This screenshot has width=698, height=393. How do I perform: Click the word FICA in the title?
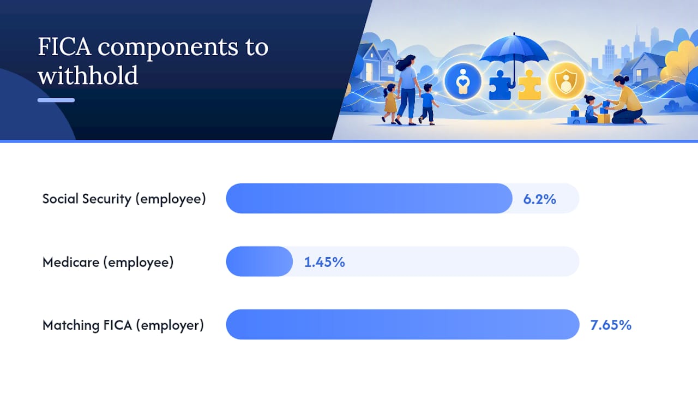tap(64, 47)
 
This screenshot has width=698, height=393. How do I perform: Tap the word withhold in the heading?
tap(88, 75)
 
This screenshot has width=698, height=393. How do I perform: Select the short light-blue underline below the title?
tap(56, 100)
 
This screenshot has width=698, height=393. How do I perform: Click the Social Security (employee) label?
tap(124, 199)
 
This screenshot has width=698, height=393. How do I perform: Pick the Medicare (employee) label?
tap(108, 263)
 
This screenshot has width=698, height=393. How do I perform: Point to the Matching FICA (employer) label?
tap(123, 325)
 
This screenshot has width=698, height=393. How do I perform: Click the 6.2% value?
tap(539, 199)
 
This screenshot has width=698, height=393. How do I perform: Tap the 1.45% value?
tap(324, 262)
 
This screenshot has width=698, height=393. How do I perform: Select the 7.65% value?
tap(611, 325)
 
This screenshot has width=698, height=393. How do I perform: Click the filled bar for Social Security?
tap(369, 198)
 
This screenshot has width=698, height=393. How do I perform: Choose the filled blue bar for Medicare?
tap(259, 261)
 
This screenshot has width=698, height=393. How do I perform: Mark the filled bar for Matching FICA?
tap(402, 324)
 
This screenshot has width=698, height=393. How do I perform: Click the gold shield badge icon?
tap(566, 81)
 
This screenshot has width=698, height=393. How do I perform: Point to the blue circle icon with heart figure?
tap(463, 81)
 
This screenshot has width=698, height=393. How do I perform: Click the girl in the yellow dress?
tap(390, 104)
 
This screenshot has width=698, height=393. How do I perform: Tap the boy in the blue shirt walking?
tap(428, 104)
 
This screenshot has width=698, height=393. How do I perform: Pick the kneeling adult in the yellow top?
tap(627, 100)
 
